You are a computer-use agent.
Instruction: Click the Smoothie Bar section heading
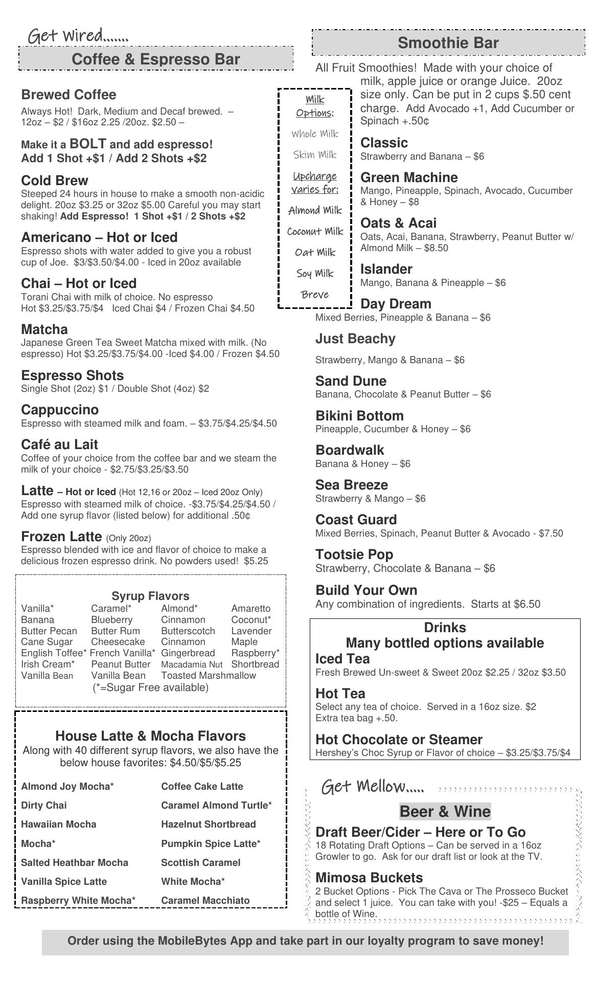[x=448, y=43]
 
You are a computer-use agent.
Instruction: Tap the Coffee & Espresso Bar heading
[x=155, y=59]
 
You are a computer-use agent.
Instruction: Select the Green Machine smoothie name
[x=409, y=177]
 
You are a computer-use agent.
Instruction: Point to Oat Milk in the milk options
[x=315, y=252]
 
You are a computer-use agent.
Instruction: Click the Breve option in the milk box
[x=315, y=295]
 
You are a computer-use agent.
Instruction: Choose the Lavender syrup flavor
[x=251, y=631]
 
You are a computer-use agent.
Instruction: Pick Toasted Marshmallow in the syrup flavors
[x=209, y=675]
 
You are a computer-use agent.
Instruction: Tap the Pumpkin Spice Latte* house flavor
[x=211, y=843]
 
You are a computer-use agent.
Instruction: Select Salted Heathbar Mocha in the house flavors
[x=75, y=862]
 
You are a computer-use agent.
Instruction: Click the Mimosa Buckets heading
[x=369, y=878]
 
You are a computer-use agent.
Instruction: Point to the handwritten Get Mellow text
[x=373, y=786]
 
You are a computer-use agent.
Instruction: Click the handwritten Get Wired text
[x=78, y=36]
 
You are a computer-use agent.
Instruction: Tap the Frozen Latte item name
[x=61, y=537]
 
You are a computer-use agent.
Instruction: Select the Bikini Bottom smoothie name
[x=359, y=416]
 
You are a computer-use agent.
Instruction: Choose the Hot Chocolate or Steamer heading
[x=399, y=740]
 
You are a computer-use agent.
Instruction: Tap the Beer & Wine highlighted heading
[x=445, y=811]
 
